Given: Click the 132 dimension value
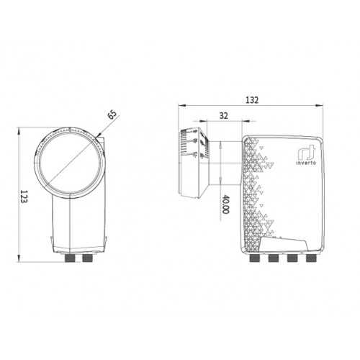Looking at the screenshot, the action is (252, 100).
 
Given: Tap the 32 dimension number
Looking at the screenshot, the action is (223, 116).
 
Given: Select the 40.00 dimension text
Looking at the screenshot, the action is (225, 204).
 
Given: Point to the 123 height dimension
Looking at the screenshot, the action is (24, 197).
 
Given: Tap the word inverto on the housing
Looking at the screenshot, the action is (306, 163).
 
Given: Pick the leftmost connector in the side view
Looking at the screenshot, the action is (255, 258).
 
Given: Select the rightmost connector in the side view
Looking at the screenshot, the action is (311, 258).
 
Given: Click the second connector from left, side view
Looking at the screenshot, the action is (274, 258).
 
